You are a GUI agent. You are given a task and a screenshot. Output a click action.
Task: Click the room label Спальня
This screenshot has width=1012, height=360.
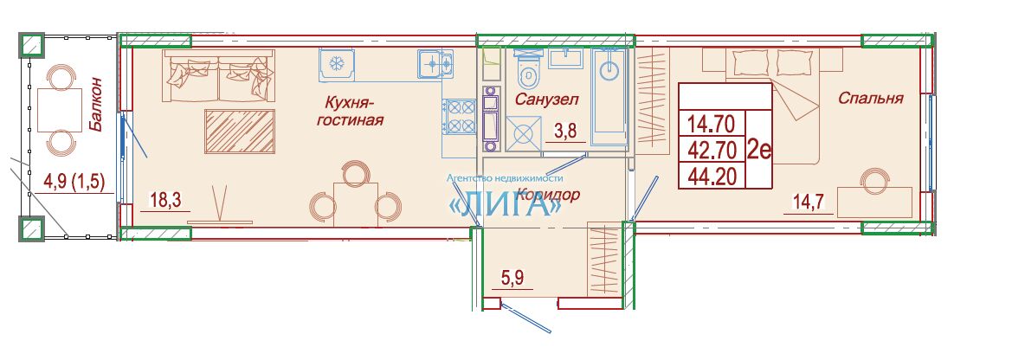[870, 98]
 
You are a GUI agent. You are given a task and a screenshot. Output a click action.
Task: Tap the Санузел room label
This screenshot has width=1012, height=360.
[546, 100]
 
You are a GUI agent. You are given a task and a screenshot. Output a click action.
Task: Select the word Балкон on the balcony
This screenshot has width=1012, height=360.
[95, 105]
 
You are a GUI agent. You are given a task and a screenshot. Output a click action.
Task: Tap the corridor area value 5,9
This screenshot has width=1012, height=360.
[513, 280]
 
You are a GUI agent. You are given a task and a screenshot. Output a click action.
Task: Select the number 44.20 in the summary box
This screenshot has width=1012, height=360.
[712, 177]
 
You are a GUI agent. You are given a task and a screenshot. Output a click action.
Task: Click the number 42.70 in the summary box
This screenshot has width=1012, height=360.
[712, 151]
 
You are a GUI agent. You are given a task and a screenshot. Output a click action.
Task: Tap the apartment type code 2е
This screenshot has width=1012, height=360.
[759, 150]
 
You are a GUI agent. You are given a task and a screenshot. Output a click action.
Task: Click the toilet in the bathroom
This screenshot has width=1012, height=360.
[529, 73]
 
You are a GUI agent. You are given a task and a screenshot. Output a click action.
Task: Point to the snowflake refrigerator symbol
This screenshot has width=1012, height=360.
[336, 64]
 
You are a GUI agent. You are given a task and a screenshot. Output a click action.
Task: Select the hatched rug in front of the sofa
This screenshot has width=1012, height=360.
[240, 132]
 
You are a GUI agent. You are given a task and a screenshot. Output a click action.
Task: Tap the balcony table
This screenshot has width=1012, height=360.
[60, 110]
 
